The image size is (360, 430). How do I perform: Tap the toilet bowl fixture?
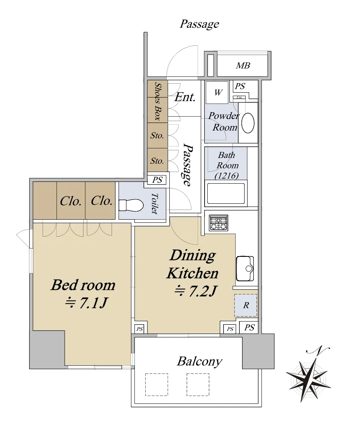pos(131,205)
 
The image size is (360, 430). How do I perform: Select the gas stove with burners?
pos(219,223)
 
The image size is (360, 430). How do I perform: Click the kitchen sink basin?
pos(245,268)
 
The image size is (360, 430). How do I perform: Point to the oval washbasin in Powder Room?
pos(248,123)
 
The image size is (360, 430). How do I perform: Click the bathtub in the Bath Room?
pos(226,193)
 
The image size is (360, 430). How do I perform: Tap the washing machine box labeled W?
pos(217,93)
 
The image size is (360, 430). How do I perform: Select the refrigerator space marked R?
pos(246,305)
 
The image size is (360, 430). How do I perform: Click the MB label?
pos(243,65)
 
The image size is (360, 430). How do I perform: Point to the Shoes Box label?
pos(157,101)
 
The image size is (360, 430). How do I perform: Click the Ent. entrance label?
pos(185,97)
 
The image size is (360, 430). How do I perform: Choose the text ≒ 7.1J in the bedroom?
pos(86,303)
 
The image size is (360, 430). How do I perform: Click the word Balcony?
pos(200,361)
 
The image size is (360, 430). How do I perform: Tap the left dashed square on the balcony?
pos(157,384)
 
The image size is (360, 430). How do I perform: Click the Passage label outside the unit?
pos(199,24)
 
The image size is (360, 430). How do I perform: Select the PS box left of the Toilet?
pos(157,180)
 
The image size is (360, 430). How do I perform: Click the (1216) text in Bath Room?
pos(226,175)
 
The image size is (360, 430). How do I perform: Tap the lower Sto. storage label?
pos(157,161)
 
